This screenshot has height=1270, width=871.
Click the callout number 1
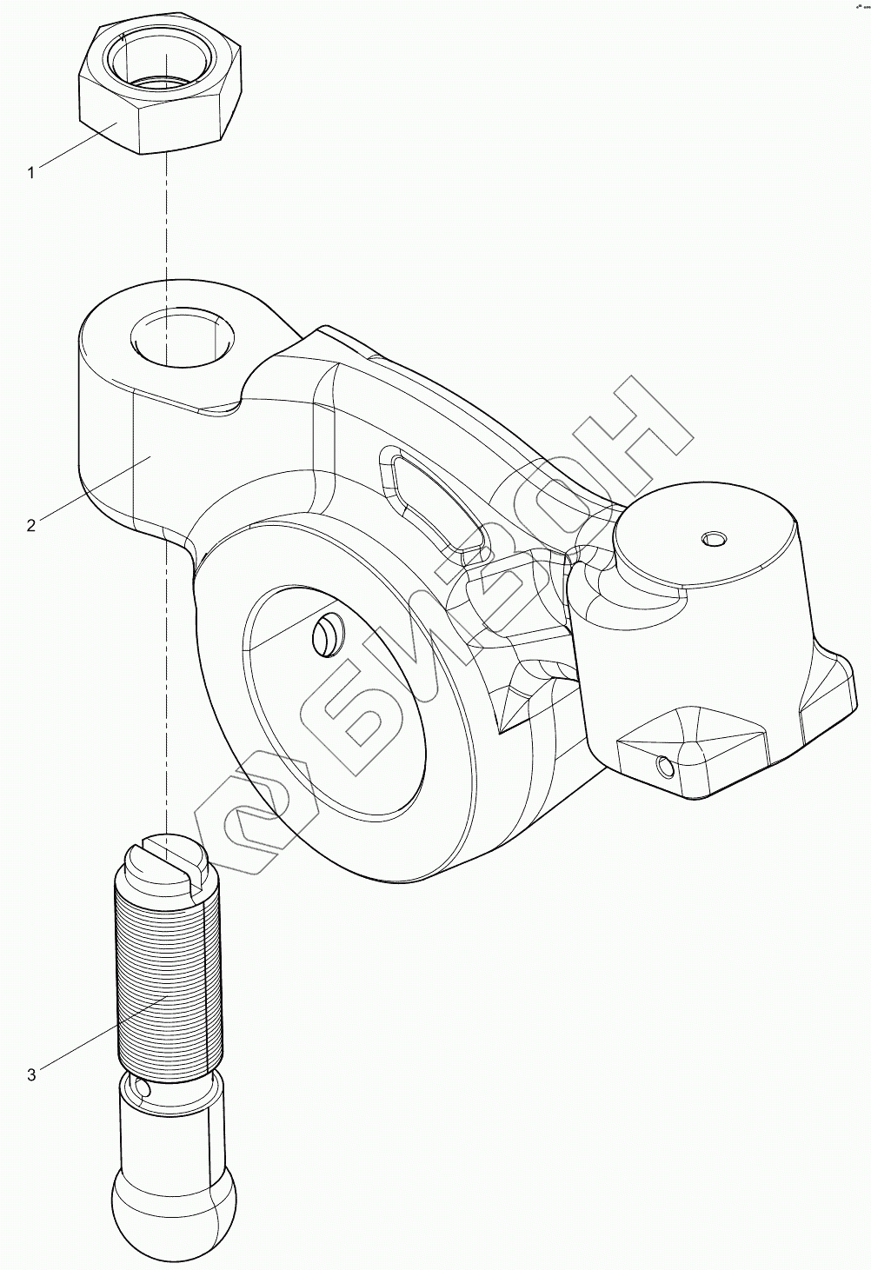(x=31, y=172)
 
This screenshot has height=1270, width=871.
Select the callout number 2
(x=31, y=525)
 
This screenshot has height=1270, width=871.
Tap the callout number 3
(x=31, y=1074)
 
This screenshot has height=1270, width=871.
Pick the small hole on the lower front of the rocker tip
(x=665, y=767)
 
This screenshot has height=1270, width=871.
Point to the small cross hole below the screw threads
(x=142, y=1087)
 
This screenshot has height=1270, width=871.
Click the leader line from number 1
(x=78, y=147)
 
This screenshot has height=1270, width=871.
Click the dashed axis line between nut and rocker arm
(x=164, y=217)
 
